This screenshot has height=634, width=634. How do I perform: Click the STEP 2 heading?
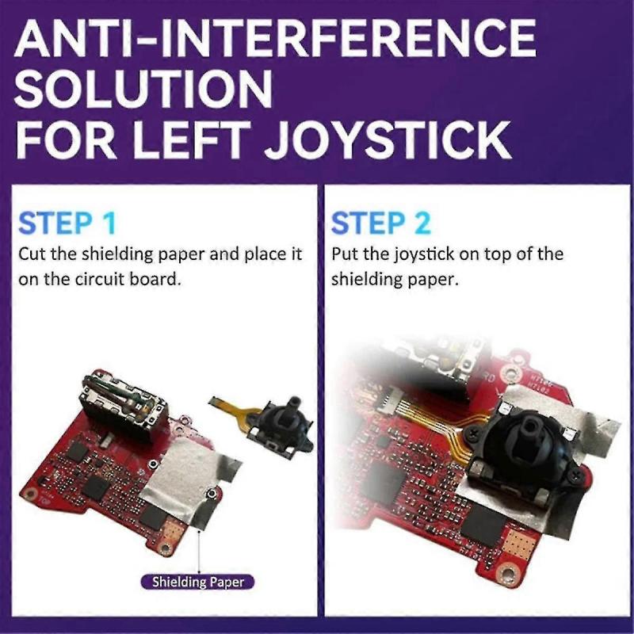point(381,223)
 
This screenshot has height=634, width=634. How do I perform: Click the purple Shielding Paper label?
point(198,582)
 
